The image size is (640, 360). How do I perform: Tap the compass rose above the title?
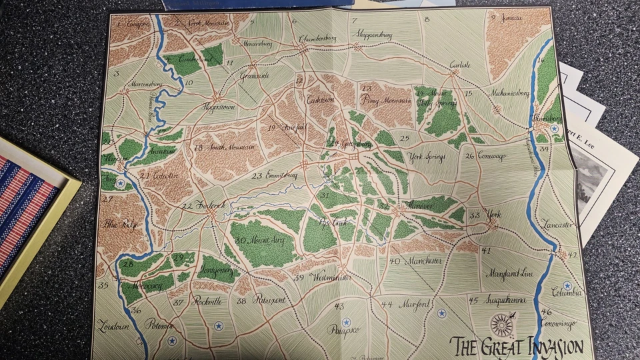coord(501,325)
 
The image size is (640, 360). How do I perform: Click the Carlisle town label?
coord(460,65)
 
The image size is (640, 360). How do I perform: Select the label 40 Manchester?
coord(415,261)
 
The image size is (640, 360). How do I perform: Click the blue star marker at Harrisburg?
coord(554,128)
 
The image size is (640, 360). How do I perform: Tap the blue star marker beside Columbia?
coord(567,285)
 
